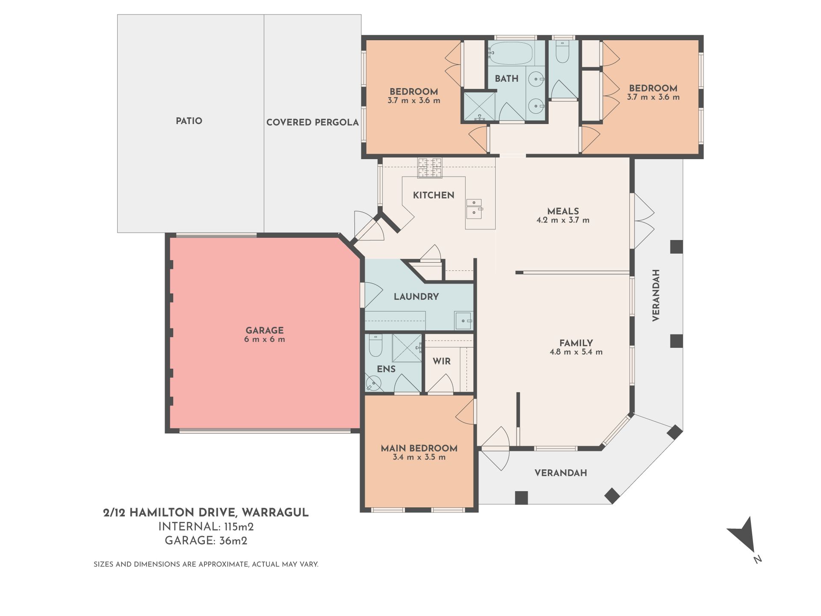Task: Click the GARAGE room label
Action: pos(264,330)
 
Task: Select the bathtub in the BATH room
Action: pos(511,53)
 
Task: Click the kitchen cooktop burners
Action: pos(430,167)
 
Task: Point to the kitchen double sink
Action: pos(474,207)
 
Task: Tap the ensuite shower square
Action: pos(407,348)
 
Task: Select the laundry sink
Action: pos(464,320)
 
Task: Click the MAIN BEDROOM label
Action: pos(419,448)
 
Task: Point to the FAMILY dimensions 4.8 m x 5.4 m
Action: pos(576,352)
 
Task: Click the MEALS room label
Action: pos(563,211)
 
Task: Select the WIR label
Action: pos(442,361)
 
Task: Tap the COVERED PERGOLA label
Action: pos(313,122)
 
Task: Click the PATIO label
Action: pos(189,121)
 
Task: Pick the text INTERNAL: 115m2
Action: pos(206,527)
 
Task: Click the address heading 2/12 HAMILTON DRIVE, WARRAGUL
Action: pos(206,512)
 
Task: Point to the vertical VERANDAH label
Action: pos(656,295)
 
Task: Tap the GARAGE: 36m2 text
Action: pos(206,541)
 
